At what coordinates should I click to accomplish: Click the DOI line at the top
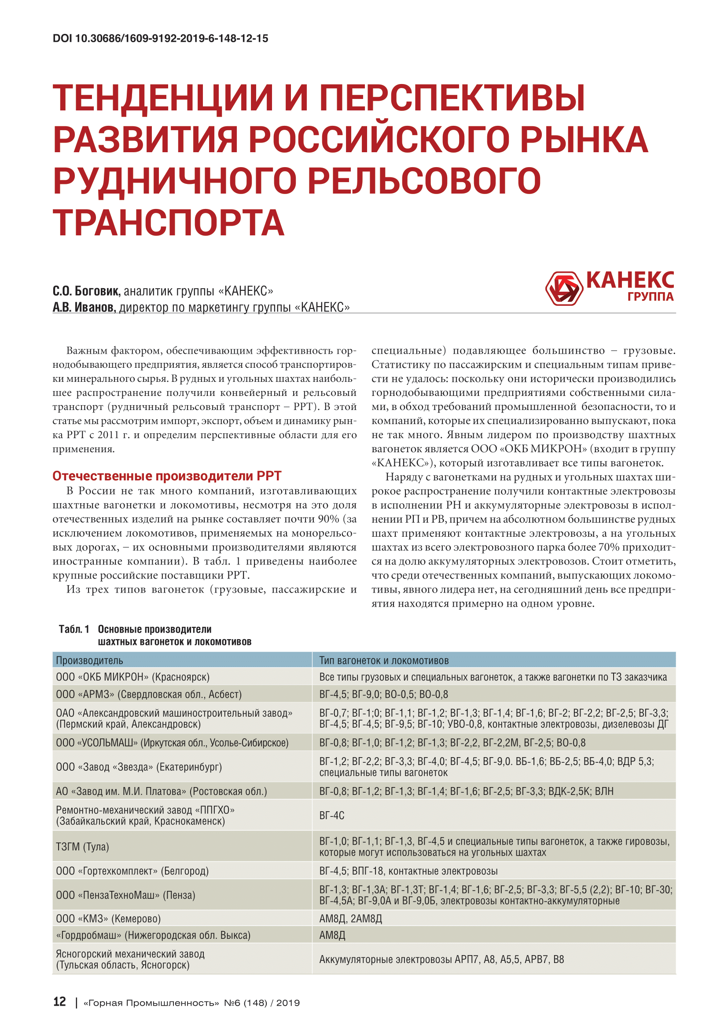(x=160, y=39)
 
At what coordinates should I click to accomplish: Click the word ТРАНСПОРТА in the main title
(x=169, y=223)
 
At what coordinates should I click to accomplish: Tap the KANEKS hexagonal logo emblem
(x=563, y=288)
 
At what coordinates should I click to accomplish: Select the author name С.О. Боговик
(x=87, y=291)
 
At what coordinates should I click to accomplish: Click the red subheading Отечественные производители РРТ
(x=167, y=476)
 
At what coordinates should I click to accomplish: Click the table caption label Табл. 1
(x=74, y=629)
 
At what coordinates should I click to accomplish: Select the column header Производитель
(x=89, y=660)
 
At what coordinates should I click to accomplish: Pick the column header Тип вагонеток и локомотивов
(x=383, y=660)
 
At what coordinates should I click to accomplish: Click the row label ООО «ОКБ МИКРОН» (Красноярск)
(x=132, y=677)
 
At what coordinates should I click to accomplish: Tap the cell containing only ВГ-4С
(x=332, y=815)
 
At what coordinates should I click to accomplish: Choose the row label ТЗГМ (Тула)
(x=82, y=846)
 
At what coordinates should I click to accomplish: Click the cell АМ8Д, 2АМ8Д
(x=350, y=919)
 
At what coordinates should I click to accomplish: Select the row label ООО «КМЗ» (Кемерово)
(x=108, y=919)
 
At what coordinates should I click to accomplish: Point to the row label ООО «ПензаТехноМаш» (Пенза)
(x=125, y=895)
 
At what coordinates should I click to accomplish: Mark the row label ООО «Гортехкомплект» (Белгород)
(x=132, y=871)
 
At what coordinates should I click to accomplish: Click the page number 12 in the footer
(x=59, y=1002)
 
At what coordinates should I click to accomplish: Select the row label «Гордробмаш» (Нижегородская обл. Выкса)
(x=153, y=935)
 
